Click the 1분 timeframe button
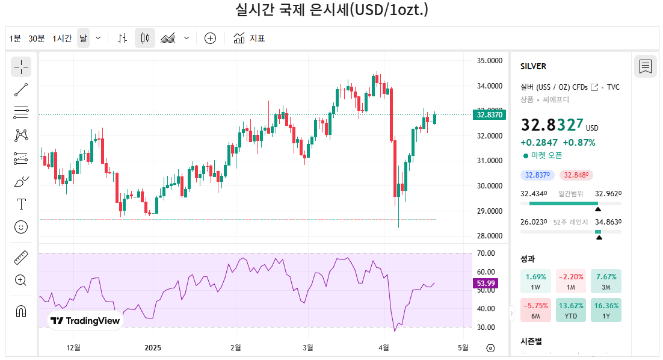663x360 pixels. (15, 39)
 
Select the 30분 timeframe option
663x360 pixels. (37, 39)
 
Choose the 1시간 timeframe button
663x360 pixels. (62, 39)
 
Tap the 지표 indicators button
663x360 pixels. (250, 39)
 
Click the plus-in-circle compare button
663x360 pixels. (210, 39)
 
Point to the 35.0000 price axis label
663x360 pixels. (489, 61)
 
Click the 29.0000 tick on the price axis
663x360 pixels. (489, 211)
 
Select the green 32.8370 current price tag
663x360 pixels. (489, 114)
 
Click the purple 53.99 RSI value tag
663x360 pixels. (486, 283)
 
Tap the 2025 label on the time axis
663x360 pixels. (153, 347)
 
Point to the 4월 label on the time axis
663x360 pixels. (384, 347)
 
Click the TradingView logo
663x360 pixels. (85, 321)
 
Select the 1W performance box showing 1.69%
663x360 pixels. (535, 281)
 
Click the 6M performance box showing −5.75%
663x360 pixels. (535, 309)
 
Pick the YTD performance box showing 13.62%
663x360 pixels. (571, 309)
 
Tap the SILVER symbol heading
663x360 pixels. (534, 66)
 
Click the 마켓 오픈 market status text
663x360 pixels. (546, 155)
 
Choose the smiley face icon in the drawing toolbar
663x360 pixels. (21, 227)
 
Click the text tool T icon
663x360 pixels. (21, 204)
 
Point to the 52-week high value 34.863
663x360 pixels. (608, 222)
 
